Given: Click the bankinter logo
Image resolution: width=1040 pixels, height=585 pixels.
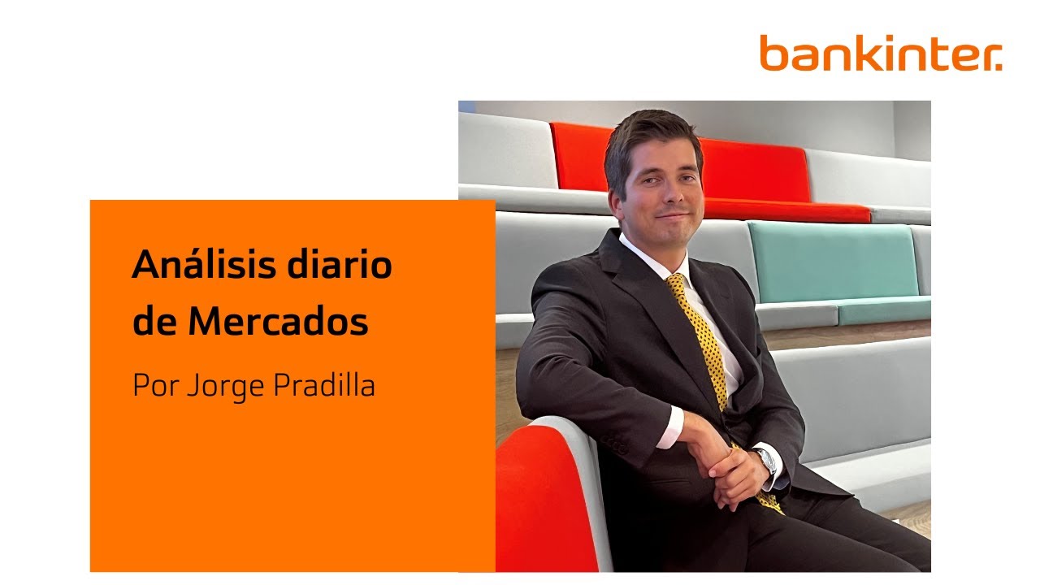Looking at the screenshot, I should click(x=881, y=53).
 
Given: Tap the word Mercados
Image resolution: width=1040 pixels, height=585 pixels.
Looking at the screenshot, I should click(x=278, y=323).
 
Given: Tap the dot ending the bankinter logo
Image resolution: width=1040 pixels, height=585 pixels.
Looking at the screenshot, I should click(x=999, y=67).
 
